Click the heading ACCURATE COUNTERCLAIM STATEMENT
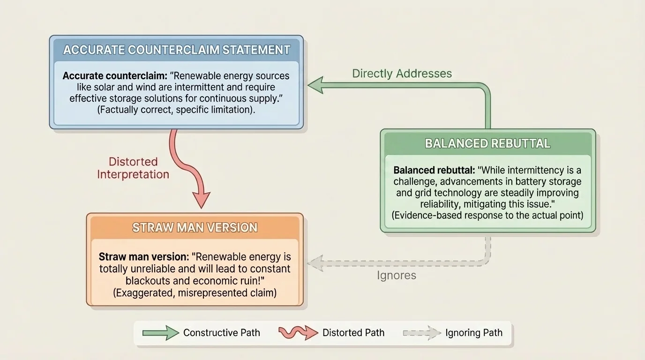tap(176, 50)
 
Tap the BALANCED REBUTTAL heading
tap(487, 143)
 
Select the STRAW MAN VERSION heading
tap(195, 228)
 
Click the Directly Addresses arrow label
tap(402, 74)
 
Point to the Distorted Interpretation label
tap(133, 168)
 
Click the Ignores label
tap(396, 275)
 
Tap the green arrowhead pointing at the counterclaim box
tap(316, 85)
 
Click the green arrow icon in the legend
tap(161, 333)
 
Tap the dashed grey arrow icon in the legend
tap(422, 333)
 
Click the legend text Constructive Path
tap(221, 333)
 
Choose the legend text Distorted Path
tap(353, 333)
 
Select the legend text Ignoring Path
tap(473, 333)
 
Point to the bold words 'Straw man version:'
tap(143, 257)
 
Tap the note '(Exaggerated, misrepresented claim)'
tap(195, 292)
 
